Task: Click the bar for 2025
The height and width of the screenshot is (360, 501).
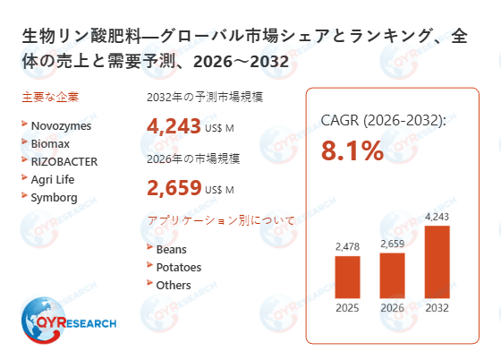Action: pos(347,278)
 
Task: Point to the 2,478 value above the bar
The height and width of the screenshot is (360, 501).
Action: pos(347,246)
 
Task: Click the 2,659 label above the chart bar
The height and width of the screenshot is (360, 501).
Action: pos(393,243)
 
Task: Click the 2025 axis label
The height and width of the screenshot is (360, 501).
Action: pos(347,310)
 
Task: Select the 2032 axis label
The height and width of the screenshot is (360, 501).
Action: pos(437,310)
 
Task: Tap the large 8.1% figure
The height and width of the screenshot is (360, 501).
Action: pos(352,151)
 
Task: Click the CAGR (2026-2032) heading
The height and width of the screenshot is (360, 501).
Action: pos(383,120)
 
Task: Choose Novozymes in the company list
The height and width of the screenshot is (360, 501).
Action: pos(61,125)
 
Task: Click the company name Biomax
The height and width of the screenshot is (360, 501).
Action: pos(50,143)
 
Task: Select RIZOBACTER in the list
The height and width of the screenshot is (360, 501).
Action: pos(64,161)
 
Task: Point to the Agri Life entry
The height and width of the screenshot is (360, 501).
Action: pos(53,179)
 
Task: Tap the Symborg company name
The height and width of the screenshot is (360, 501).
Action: pos(54,197)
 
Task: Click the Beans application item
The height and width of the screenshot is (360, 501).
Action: pos(171,249)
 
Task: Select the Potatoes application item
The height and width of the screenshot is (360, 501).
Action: pos(178,267)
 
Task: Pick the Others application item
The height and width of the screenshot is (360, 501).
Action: pos(174,285)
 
